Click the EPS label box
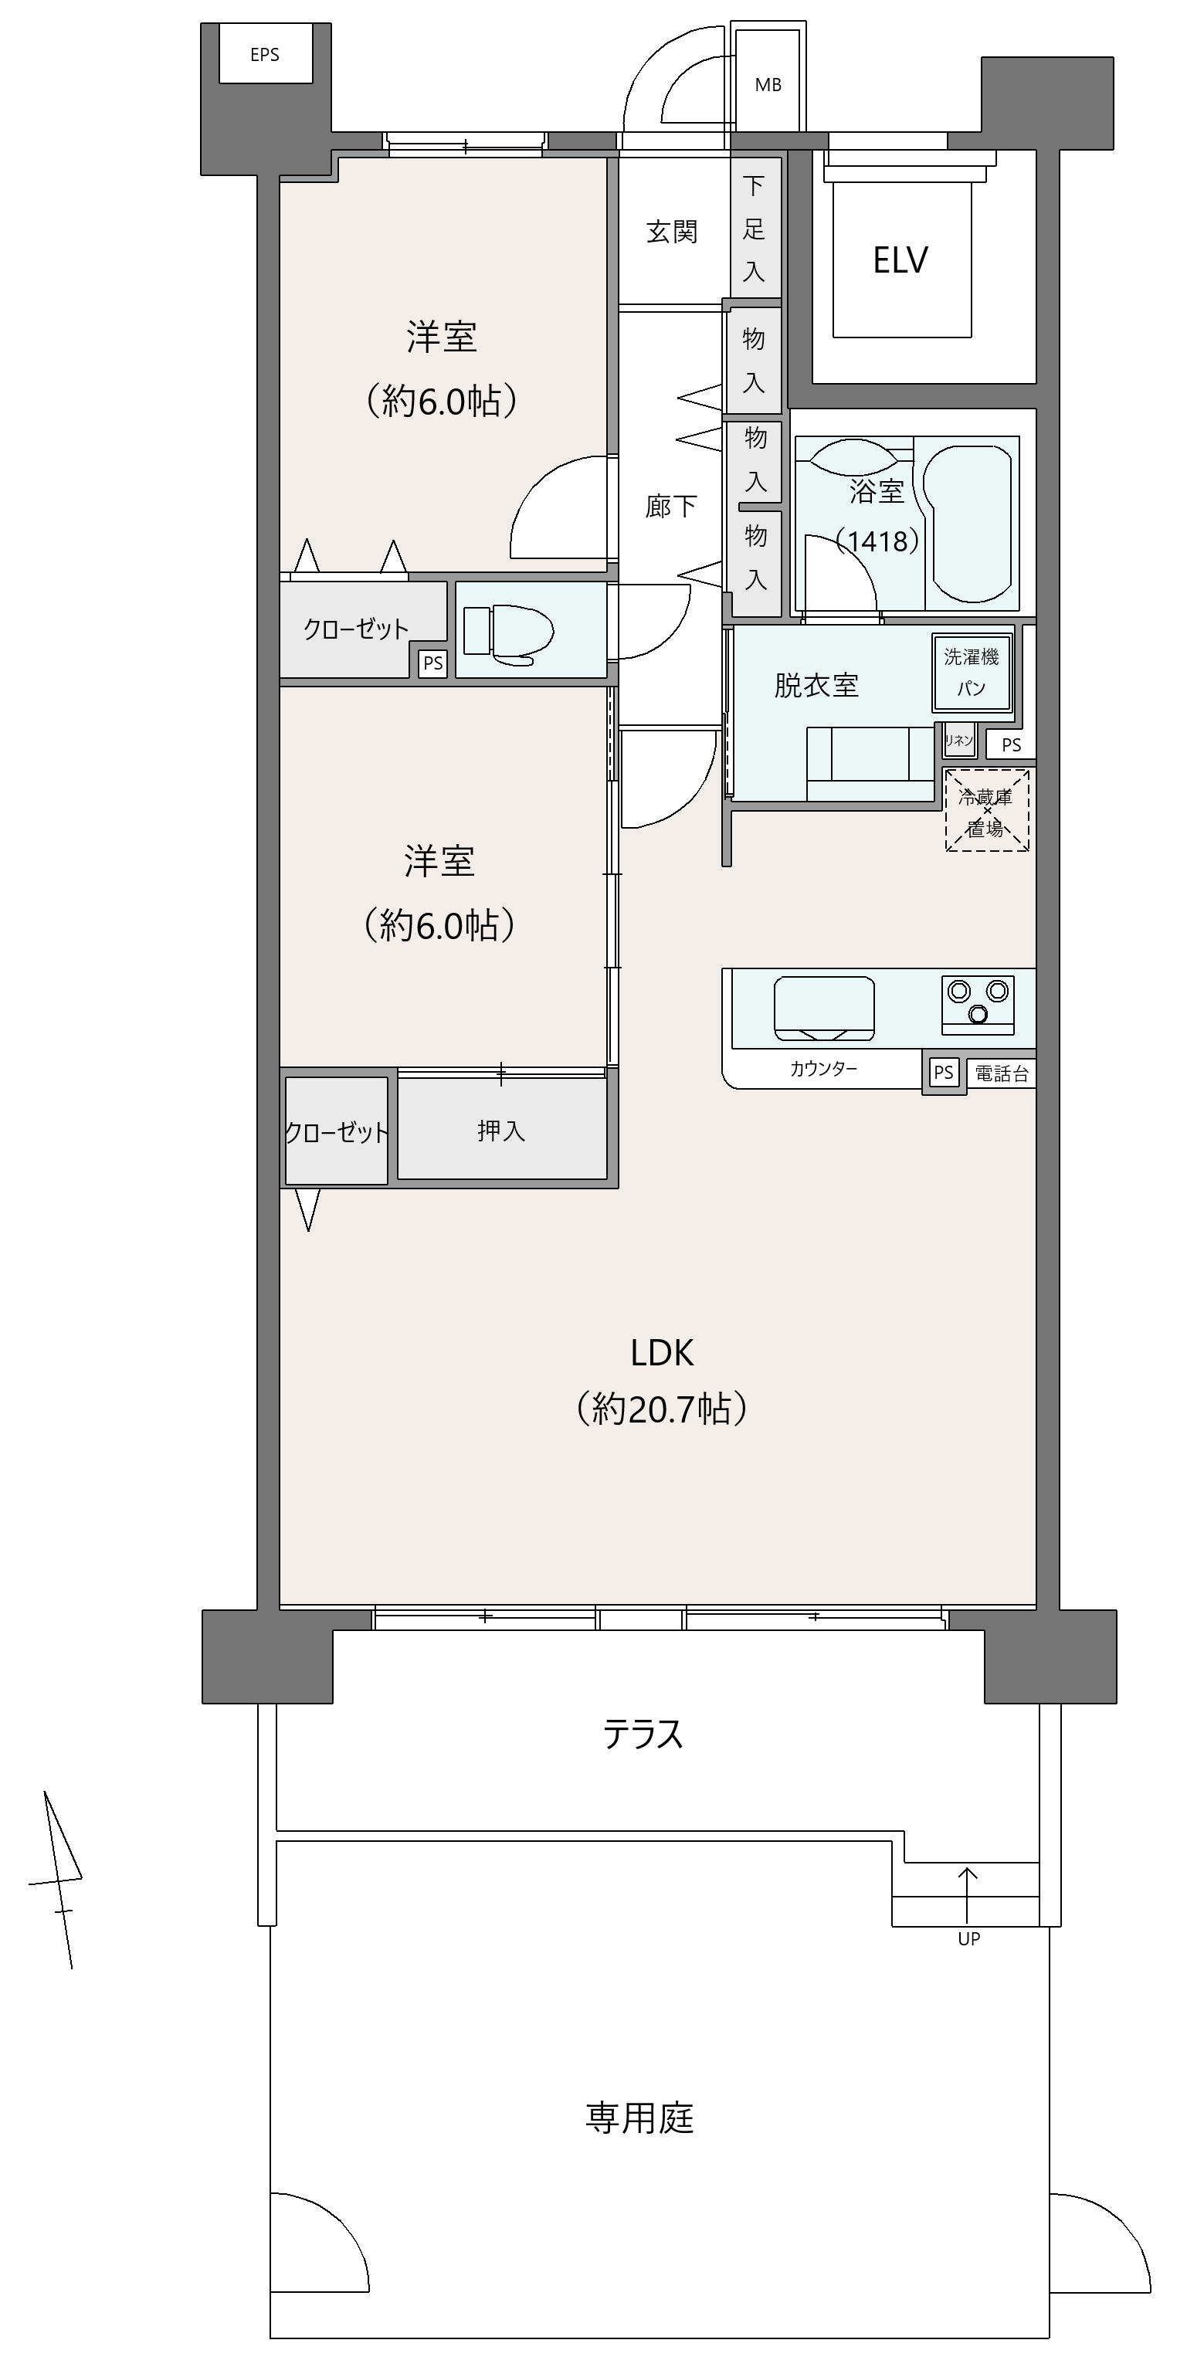[265, 54]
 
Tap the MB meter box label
[768, 84]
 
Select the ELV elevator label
[900, 260]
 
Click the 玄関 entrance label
[672, 232]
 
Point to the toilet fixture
[508, 633]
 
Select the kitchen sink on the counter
[824, 1007]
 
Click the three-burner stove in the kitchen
[978, 1002]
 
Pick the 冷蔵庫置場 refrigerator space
[987, 810]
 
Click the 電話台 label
[1002, 1073]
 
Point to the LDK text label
[662, 1352]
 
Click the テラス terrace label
[643, 1735]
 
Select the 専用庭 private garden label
[639, 2118]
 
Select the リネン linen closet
[959, 740]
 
